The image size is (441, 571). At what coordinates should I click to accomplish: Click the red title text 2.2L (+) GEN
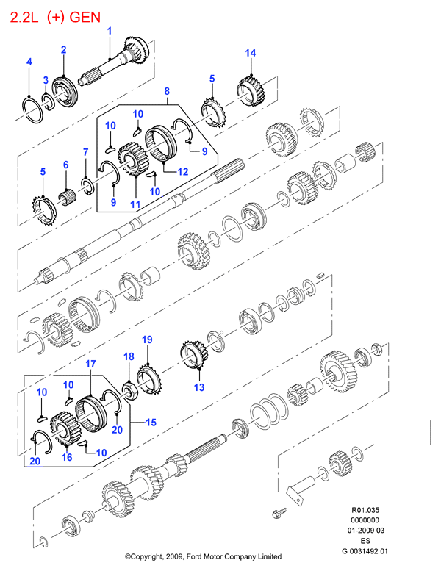coord(55,17)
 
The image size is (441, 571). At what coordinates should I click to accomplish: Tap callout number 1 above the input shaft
coord(110,31)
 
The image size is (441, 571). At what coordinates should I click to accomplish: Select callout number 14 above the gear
coord(250,53)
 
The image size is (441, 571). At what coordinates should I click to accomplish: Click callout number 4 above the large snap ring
coord(29,62)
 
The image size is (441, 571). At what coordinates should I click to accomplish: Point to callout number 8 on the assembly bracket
coord(167,91)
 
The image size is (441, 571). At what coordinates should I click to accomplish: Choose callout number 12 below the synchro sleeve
coord(183,171)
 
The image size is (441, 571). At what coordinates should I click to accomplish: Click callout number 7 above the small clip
coord(85,152)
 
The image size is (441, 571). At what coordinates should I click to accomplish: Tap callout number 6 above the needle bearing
coord(66,165)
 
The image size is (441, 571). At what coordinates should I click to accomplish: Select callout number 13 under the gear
coord(199,387)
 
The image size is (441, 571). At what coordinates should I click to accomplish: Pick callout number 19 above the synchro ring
coord(147,340)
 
